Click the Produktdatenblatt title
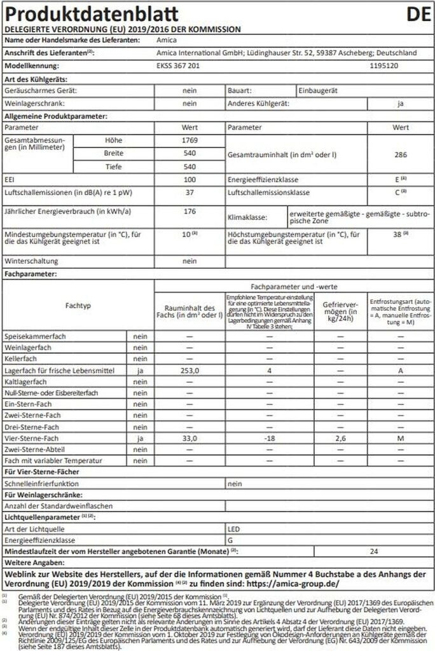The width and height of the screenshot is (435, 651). [92, 14]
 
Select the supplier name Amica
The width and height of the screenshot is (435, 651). [166, 40]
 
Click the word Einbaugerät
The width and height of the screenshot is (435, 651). [316, 91]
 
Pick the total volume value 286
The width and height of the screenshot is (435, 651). [401, 154]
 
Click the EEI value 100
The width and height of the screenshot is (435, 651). [190, 180]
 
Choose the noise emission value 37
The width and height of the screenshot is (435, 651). [190, 192]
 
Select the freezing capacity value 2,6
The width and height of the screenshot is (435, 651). [340, 438]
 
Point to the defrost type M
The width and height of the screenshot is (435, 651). [401, 438]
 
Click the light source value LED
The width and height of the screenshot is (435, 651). [234, 528]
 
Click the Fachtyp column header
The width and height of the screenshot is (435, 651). [78, 306]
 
